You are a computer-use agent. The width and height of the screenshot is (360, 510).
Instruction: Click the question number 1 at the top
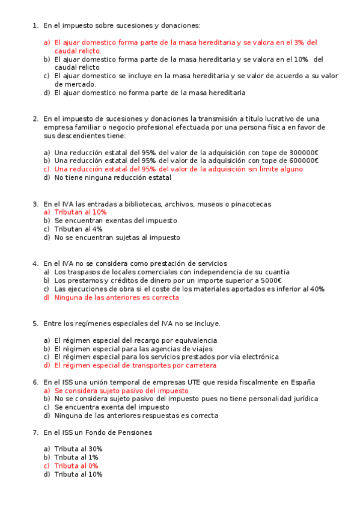click(35, 25)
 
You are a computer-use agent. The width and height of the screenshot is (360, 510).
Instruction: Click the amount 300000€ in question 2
click(303, 152)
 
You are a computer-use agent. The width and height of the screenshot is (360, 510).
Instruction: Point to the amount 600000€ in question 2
click(303, 161)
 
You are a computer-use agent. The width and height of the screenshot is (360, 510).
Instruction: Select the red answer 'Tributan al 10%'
click(80, 212)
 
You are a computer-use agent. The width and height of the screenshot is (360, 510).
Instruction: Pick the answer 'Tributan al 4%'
click(78, 229)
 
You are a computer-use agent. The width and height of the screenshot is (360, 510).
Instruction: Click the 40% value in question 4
click(317, 289)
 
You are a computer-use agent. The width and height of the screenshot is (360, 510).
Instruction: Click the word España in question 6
click(302, 382)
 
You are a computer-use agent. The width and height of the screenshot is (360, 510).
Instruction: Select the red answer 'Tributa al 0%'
click(76, 465)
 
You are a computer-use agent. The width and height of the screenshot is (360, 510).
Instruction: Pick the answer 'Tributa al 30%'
click(78, 449)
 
